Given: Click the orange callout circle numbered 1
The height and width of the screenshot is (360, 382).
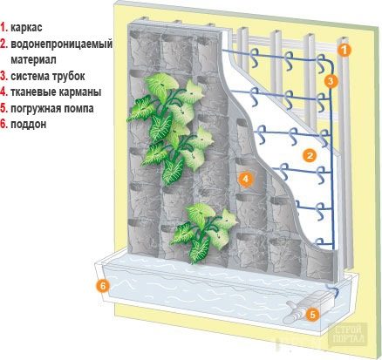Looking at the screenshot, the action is pos(344,51).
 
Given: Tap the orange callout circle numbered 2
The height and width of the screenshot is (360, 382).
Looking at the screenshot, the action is pos(310,155).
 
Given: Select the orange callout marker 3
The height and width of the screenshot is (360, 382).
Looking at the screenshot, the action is pos(331,81).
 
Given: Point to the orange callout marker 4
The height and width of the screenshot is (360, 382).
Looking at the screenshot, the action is pos(246,179).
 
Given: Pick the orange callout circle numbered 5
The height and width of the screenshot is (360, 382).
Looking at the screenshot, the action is pos(312,315).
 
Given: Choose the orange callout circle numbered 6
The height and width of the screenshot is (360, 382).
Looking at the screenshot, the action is pos(103,286).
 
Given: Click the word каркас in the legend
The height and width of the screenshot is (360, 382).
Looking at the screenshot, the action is pos(26,28).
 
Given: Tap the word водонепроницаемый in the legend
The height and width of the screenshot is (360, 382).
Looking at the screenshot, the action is pos(62,44).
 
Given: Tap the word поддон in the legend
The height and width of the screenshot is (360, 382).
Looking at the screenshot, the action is pos(29,125).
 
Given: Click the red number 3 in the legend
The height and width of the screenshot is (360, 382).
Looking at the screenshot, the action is pos(3,76).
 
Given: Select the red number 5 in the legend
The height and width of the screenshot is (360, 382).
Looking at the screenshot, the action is pos(3,108).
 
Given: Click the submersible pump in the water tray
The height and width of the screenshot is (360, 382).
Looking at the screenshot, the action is pos(309,307).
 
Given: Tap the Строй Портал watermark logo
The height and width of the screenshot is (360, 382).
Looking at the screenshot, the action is pos(349,334).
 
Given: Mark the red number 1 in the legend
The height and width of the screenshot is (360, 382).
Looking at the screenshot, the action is pos(3,28).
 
